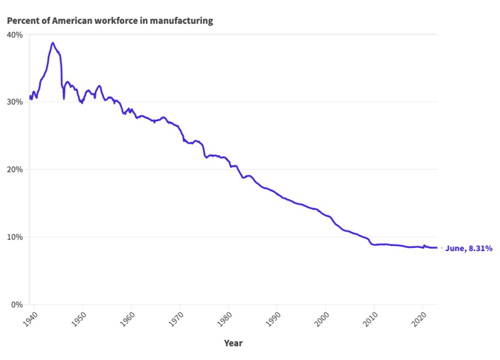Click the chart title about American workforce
tap(110, 21)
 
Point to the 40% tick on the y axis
tap(15, 35)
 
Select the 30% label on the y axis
tap(15, 102)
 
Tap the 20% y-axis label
tap(15, 169)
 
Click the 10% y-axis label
tap(15, 237)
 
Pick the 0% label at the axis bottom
tap(17, 305)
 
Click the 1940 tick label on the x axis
tap(31, 318)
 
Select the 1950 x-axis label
tap(80, 318)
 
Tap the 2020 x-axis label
tap(420, 318)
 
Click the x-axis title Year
tap(233, 343)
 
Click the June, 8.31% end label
tap(469, 248)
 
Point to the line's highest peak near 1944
tap(52, 43)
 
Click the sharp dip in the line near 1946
tap(64, 98)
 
